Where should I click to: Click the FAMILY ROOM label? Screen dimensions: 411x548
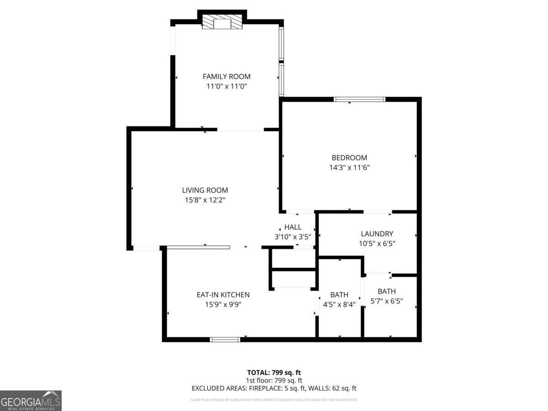click(227, 77)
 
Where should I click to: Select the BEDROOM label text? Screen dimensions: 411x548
click(349, 158)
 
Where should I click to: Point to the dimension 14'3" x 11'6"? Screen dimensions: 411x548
click(349, 168)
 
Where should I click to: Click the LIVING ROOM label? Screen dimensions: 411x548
click(205, 190)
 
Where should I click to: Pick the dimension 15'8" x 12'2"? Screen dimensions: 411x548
click(205, 200)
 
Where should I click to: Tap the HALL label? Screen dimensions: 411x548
click(293, 227)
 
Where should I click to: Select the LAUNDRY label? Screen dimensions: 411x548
click(377, 234)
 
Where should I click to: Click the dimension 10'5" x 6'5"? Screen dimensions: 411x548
click(377, 243)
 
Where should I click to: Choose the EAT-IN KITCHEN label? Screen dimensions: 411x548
click(223, 295)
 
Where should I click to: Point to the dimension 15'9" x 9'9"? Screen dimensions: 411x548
click(223, 304)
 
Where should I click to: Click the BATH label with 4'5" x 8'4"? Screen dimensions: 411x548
click(339, 295)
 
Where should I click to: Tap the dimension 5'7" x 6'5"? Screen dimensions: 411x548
click(387, 301)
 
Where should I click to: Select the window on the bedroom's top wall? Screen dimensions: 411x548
click(359, 99)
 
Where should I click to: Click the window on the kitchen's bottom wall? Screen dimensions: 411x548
click(225, 339)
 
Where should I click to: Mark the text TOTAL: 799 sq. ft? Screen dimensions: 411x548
click(274, 372)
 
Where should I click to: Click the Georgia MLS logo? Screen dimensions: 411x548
click(31, 400)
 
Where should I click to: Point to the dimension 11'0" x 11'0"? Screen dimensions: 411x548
click(227, 86)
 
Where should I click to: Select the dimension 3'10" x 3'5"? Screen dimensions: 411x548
click(293, 237)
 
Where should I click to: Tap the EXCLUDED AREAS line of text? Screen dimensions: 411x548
click(274, 388)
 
